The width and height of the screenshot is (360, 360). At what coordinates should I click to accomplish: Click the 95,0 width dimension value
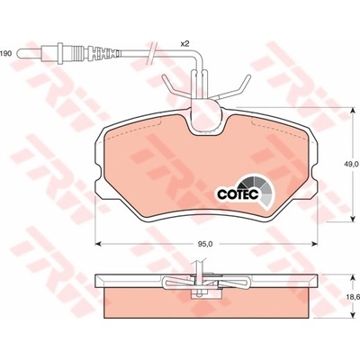205,244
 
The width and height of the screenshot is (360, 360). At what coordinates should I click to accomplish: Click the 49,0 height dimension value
352,164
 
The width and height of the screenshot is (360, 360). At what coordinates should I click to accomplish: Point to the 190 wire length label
5,54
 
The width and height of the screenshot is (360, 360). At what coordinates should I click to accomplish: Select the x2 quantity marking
184,44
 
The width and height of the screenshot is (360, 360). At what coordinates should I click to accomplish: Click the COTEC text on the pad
238,194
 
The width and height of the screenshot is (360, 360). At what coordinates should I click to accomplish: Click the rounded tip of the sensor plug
20,54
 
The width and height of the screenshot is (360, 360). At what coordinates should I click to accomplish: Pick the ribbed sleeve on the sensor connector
78,54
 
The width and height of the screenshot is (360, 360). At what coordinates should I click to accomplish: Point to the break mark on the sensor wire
152,53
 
